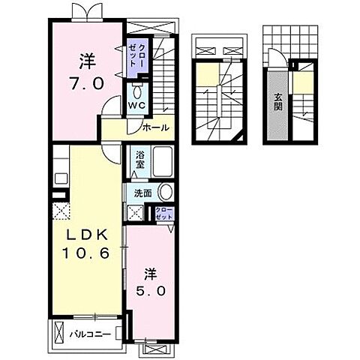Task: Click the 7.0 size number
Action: [x=86, y=83]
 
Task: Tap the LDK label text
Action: [x=86, y=235]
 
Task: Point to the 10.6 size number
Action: [x=85, y=253]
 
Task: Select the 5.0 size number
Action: [x=151, y=291]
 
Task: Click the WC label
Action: [x=136, y=105]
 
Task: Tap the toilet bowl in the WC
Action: [x=137, y=91]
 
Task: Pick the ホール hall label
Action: [x=156, y=127]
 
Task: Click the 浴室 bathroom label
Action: [x=140, y=160]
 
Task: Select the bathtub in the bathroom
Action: [x=163, y=162]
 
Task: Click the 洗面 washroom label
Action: [x=142, y=193]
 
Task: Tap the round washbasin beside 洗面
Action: [x=166, y=193]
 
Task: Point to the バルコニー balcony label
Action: [x=90, y=334]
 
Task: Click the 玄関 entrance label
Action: [x=277, y=102]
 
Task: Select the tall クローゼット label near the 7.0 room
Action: [x=136, y=55]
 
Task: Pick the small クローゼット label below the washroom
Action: [x=164, y=213]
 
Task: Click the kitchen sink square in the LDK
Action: [x=61, y=178]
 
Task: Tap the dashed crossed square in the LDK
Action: [x=61, y=211]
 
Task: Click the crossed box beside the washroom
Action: [x=135, y=213]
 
